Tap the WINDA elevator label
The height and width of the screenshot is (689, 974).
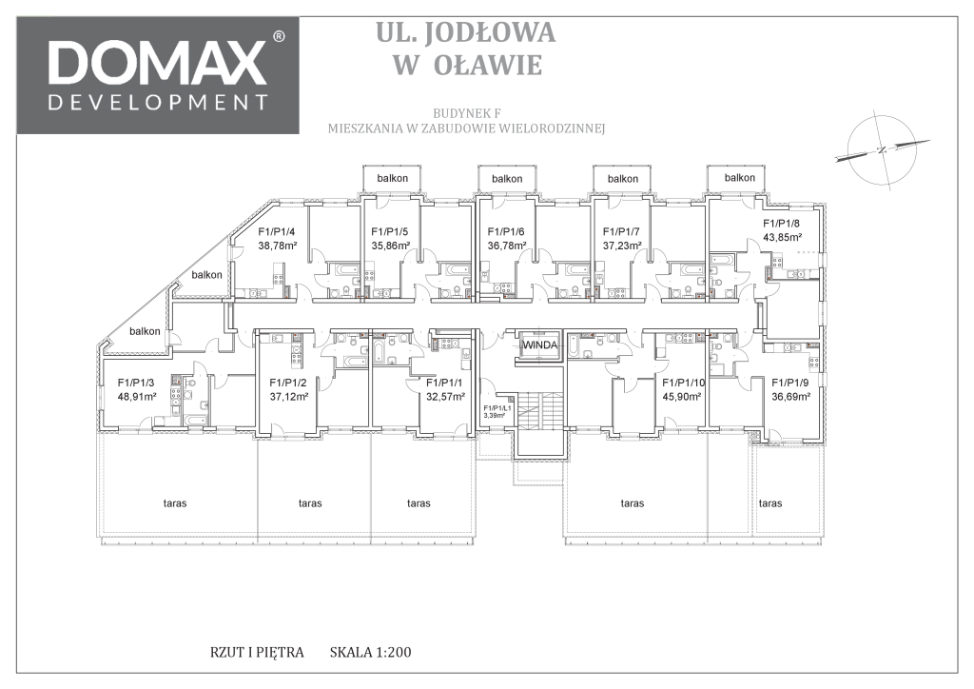(540, 345)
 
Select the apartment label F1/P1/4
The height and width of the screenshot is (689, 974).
(277, 232)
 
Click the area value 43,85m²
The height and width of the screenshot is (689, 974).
(782, 237)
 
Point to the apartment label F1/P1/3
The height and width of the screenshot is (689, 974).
(137, 383)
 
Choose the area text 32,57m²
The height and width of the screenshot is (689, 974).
(445, 397)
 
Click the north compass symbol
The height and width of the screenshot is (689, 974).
(882, 149)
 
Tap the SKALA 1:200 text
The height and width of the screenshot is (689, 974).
(371, 652)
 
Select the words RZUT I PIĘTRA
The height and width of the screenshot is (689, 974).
(257, 652)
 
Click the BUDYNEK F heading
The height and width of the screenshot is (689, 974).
(466, 113)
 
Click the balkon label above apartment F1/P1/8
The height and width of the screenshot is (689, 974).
(740, 178)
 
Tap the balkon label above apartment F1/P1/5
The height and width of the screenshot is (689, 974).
(393, 178)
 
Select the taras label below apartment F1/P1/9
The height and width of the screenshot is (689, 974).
(770, 503)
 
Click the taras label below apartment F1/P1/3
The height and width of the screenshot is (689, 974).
(175, 503)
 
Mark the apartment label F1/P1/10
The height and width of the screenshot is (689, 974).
(684, 383)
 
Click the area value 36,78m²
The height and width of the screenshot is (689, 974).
(507, 246)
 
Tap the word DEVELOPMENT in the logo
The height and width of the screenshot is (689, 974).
(159, 102)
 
